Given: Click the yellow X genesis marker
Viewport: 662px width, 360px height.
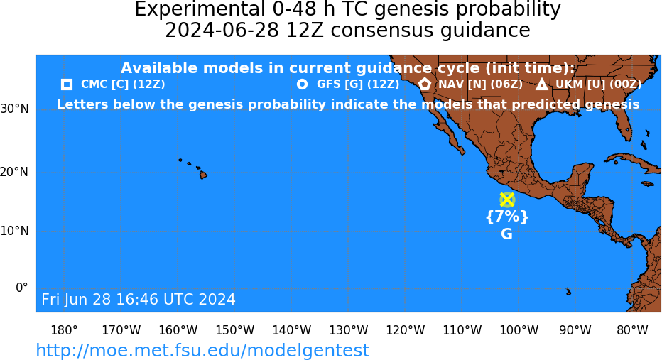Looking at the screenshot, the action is (x=506, y=200).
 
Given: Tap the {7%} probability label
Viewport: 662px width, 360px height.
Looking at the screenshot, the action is (x=507, y=217).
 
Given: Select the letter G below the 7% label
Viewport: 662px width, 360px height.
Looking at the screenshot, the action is (x=506, y=234).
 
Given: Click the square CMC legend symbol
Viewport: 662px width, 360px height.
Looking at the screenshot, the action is (x=67, y=84).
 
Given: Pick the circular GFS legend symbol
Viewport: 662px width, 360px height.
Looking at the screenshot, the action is (x=303, y=84).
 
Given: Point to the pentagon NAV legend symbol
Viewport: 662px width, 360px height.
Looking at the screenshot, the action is (x=425, y=84).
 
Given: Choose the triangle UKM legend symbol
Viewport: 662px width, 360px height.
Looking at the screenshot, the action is (x=542, y=84).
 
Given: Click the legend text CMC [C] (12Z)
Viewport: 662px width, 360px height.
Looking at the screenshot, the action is (x=123, y=84).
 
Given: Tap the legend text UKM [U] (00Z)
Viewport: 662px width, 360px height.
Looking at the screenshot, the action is (x=598, y=84).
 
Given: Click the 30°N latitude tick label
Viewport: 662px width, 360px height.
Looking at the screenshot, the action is (x=15, y=109).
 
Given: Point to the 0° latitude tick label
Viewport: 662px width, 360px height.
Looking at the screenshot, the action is (x=22, y=288).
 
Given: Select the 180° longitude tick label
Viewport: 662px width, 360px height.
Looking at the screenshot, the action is (x=64, y=330).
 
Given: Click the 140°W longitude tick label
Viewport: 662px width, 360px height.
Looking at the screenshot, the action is (x=292, y=330).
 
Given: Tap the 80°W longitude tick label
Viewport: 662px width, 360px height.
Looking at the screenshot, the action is (x=632, y=330).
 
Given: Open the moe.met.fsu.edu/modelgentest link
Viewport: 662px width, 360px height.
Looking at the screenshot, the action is (x=202, y=350).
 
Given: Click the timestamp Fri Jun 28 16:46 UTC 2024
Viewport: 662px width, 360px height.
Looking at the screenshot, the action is (x=139, y=299).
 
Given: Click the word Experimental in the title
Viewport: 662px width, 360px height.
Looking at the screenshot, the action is (x=198, y=9).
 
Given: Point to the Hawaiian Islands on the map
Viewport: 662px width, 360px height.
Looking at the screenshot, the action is (x=193, y=168).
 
